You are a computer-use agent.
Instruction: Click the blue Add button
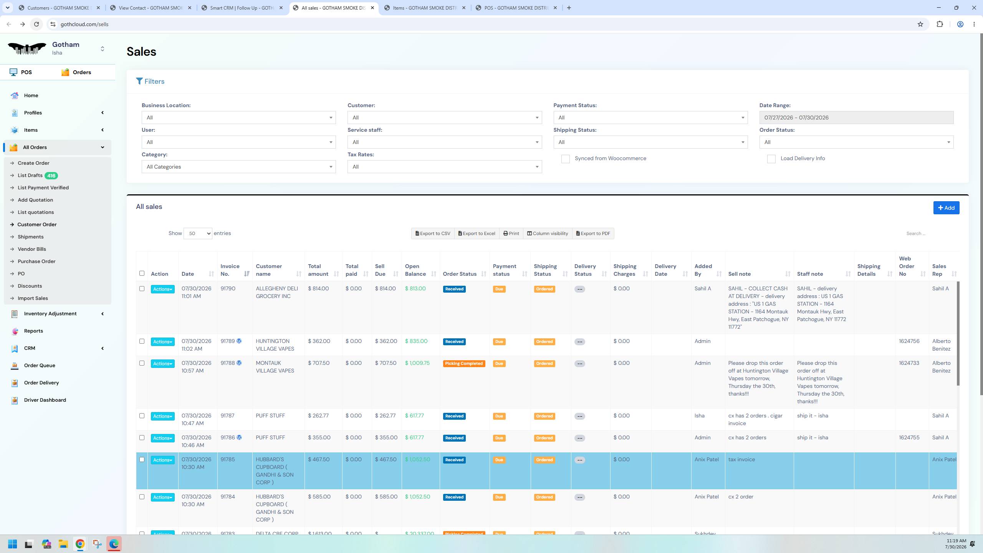946,208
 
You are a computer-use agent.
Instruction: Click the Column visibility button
547,233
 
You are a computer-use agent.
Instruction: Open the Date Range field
856,118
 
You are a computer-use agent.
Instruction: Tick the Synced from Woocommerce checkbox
565,159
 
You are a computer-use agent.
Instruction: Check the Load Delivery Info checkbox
771,159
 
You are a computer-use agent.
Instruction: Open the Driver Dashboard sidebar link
45,400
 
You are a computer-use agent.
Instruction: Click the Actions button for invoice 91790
162,289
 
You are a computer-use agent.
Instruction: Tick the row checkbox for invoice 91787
142,416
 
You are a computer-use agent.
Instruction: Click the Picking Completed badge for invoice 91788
464,364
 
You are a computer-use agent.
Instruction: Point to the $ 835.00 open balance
416,341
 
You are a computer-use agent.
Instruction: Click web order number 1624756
909,341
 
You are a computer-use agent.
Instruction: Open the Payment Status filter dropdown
650,118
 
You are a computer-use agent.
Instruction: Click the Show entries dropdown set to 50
198,233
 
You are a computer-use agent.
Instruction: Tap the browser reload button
36,24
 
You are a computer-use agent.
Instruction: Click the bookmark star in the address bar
920,24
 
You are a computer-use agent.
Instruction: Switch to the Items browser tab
425,8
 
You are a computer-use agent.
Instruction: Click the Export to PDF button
593,233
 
